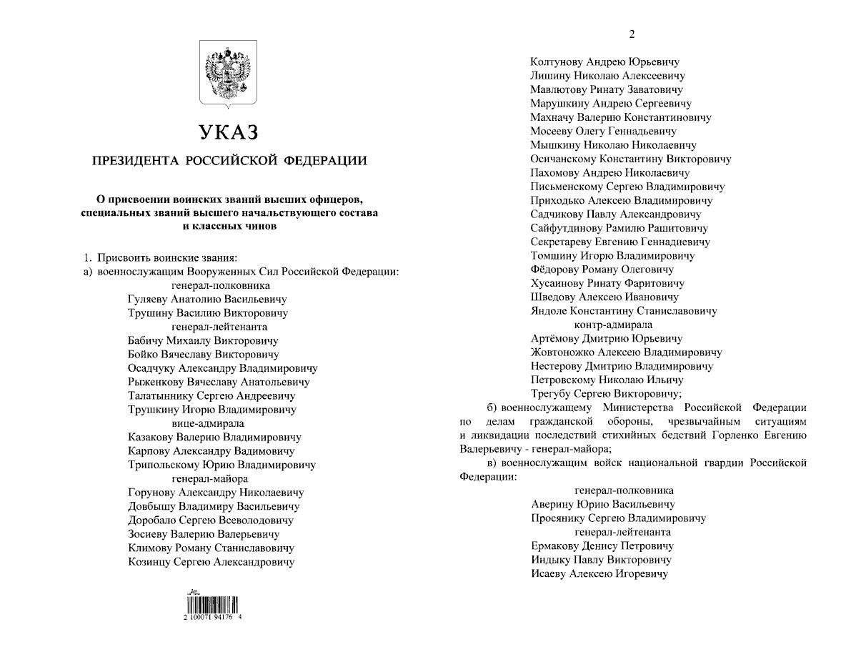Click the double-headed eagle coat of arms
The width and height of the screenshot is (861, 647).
[x=227, y=74]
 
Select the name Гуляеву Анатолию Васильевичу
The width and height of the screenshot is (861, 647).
[x=207, y=300]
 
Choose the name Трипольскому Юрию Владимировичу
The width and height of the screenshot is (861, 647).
[x=221, y=465]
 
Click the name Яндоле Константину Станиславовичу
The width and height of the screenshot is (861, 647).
[x=623, y=311]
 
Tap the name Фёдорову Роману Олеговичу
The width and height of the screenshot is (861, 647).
[x=602, y=270]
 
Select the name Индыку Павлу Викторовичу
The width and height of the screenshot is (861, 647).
[x=601, y=560]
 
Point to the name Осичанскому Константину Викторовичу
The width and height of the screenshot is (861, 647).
[x=630, y=159]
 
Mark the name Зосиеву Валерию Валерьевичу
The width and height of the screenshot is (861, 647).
[x=203, y=534]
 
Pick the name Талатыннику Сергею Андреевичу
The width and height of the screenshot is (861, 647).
[x=211, y=395]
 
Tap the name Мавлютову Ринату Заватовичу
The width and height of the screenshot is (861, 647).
[x=606, y=90]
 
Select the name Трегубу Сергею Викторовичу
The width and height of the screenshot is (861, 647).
[x=606, y=394]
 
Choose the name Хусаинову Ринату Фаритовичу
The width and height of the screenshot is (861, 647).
[x=607, y=283]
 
